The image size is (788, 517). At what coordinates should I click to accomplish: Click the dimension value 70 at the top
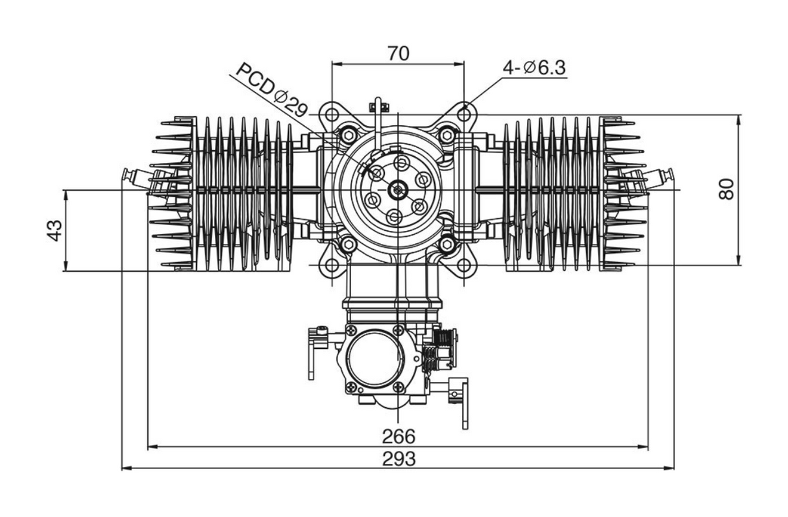click(399, 53)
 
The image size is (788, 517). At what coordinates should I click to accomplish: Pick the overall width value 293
click(399, 459)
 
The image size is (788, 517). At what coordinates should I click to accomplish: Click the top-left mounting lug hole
click(332, 114)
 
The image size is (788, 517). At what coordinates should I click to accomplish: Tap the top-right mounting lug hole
click(464, 114)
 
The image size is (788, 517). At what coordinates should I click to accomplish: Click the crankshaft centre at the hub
click(397, 189)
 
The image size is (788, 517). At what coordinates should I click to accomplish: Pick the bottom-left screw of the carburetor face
click(351, 387)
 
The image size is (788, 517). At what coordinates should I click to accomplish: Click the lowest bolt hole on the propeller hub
click(393, 217)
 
